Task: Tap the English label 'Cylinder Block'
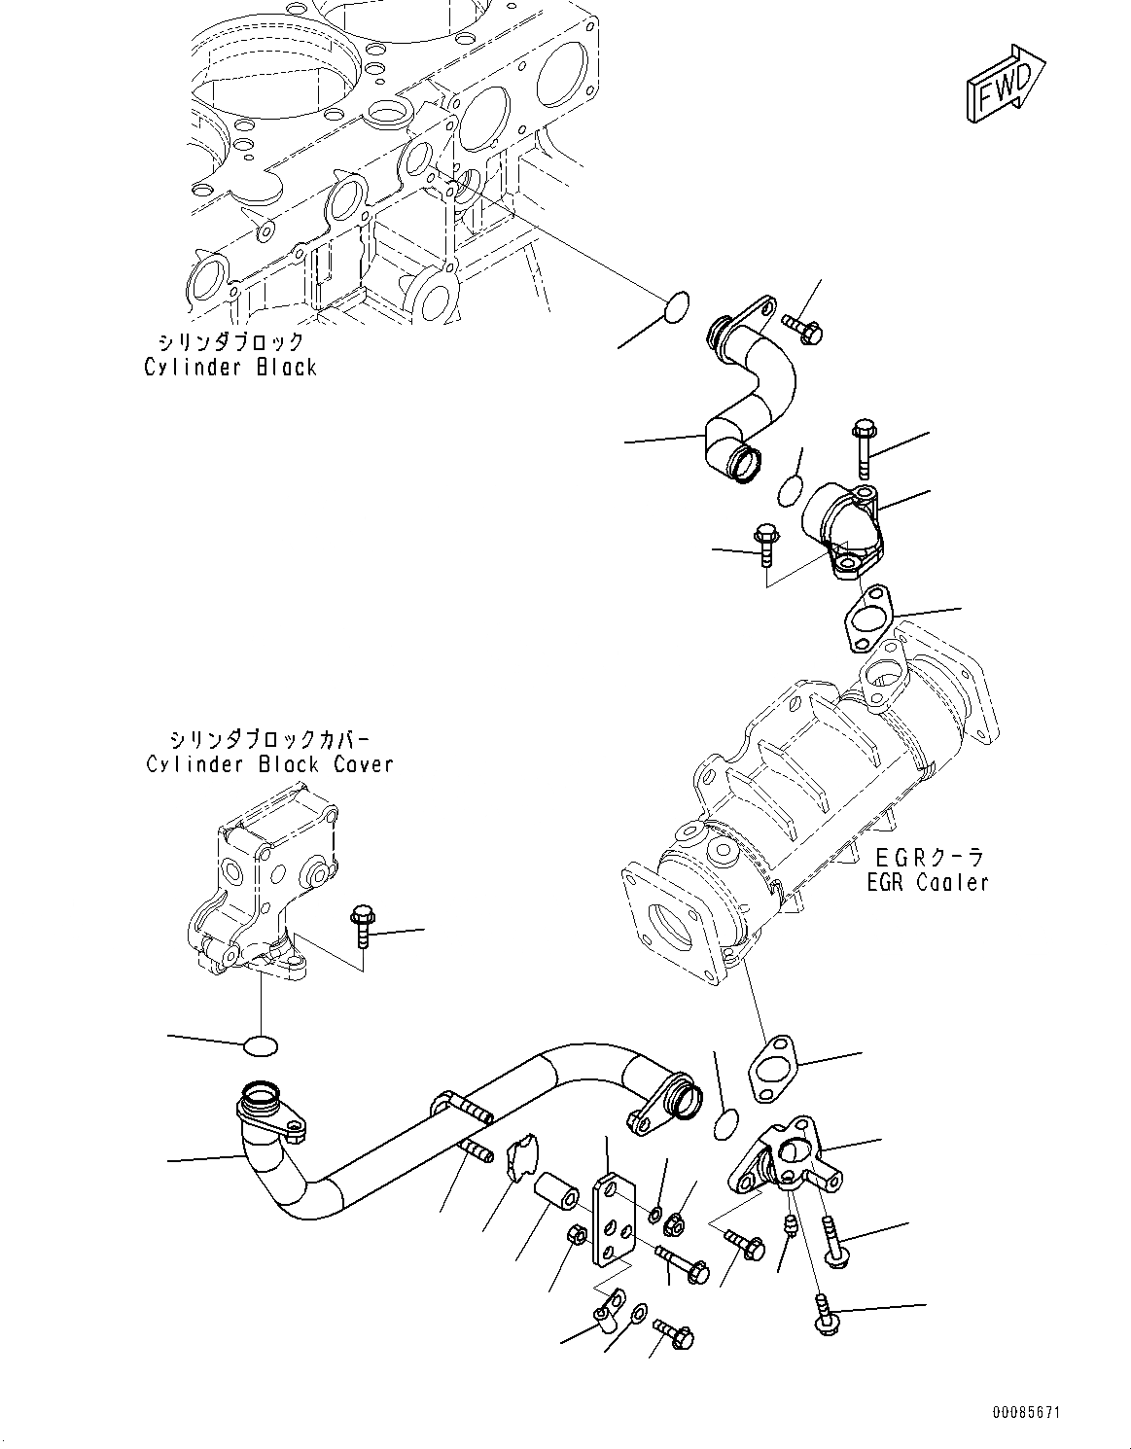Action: [230, 367]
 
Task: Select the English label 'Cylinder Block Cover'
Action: [269, 763]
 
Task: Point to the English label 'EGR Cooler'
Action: [928, 882]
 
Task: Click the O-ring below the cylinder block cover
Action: [260, 1046]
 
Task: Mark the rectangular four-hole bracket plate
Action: [610, 1223]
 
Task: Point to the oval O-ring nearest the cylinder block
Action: [674, 305]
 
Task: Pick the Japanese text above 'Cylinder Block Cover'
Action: [269, 738]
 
